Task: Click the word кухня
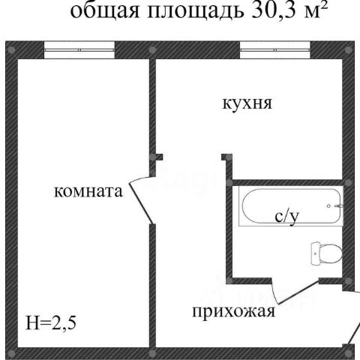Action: click(x=247, y=104)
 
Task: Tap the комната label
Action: click(x=88, y=192)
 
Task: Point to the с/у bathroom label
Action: click(x=286, y=216)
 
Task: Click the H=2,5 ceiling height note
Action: click(x=51, y=322)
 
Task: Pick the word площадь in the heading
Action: click(x=195, y=11)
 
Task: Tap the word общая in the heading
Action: click(x=105, y=11)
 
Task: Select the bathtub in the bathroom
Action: click(x=291, y=206)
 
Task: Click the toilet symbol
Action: click(x=326, y=253)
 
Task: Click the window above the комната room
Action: click(x=79, y=50)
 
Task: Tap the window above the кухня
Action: click(x=275, y=50)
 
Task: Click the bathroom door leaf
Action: click(x=298, y=292)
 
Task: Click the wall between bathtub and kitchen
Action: click(x=287, y=183)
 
